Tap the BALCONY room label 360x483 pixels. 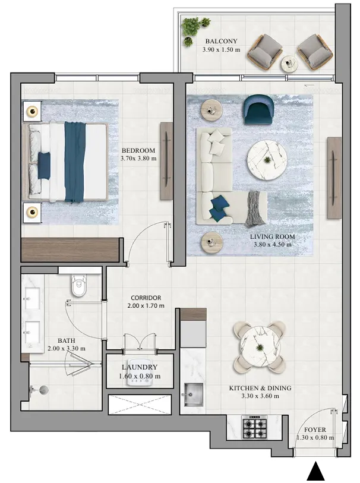coord(221,42)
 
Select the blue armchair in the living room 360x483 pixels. coord(256,110)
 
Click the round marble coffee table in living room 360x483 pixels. coord(267,159)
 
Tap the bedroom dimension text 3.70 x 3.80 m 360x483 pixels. coord(138,159)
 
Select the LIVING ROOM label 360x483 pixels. coord(272,236)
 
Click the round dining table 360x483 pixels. coord(260,345)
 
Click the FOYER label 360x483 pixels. coord(314,429)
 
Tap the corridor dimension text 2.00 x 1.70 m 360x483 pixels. coord(146,306)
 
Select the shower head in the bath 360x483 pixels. coord(43,390)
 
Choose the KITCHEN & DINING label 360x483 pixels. coord(260,388)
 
